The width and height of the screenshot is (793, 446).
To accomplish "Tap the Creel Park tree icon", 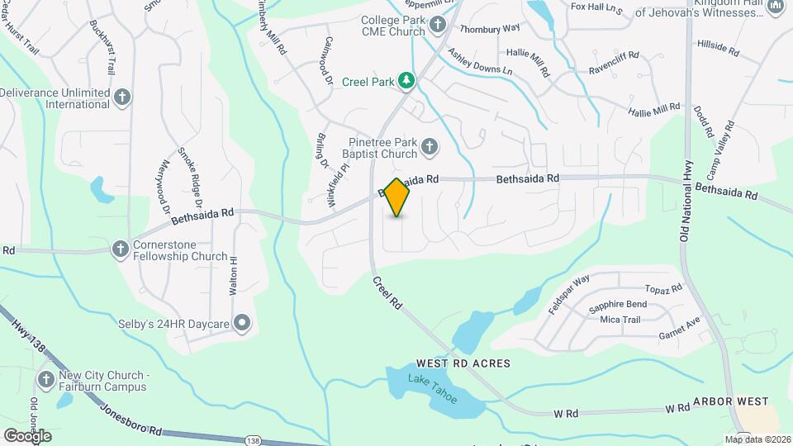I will coord(406,80).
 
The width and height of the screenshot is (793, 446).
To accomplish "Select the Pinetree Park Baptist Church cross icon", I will coord(429,148).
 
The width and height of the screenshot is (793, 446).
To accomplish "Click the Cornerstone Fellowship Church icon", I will coord(121,248).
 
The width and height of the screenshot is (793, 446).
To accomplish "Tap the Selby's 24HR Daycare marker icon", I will coord(242,323).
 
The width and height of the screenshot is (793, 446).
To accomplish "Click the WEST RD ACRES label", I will coord(463,363).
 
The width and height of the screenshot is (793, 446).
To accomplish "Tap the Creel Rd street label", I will coord(387,292).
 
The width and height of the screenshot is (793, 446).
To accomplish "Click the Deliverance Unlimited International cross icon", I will coord(122,97).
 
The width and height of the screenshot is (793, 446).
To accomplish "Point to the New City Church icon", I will coord(46,379).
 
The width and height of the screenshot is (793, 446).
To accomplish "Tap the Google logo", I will coord(27,435).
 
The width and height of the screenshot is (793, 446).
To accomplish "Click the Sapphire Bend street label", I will coord(618,305).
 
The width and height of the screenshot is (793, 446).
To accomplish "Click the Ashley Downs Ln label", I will coord(480,61).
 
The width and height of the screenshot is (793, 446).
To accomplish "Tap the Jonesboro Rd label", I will coord(131,420).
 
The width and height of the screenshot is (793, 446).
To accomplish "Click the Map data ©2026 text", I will coord(757,439).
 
